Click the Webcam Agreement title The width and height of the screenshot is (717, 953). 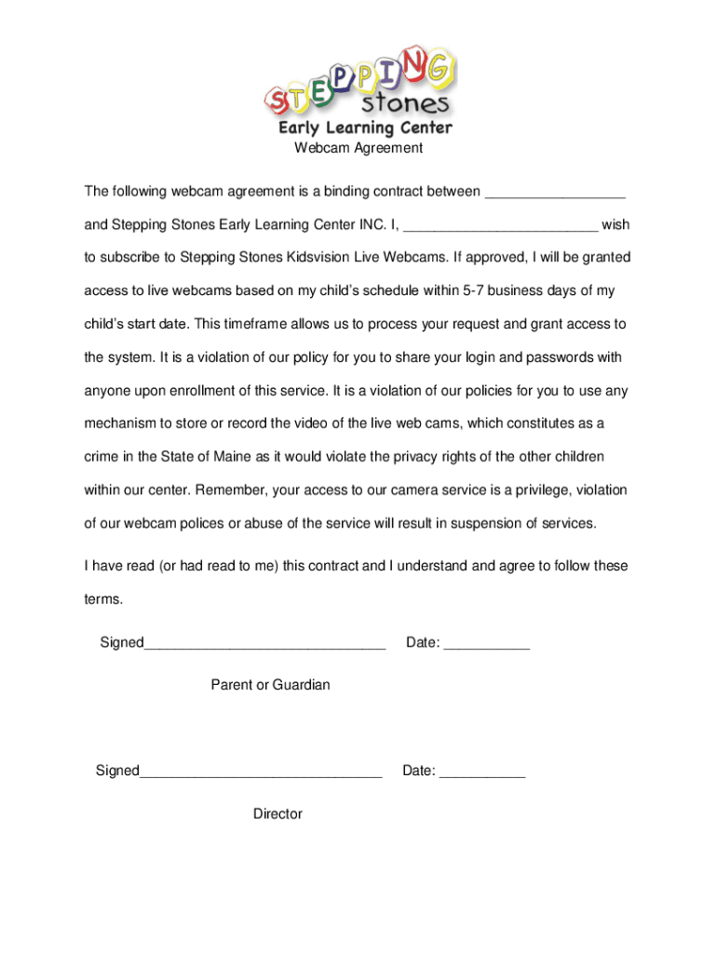click(x=358, y=148)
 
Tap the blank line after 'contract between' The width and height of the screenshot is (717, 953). click(x=555, y=194)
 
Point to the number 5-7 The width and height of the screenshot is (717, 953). click(x=473, y=290)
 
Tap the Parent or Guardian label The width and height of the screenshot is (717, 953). click(x=270, y=685)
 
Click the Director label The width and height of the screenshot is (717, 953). click(x=277, y=814)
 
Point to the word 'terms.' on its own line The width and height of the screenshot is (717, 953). click(x=103, y=599)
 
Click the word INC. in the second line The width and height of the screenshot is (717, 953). click(x=369, y=225)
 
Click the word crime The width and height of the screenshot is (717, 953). click(x=102, y=457)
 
